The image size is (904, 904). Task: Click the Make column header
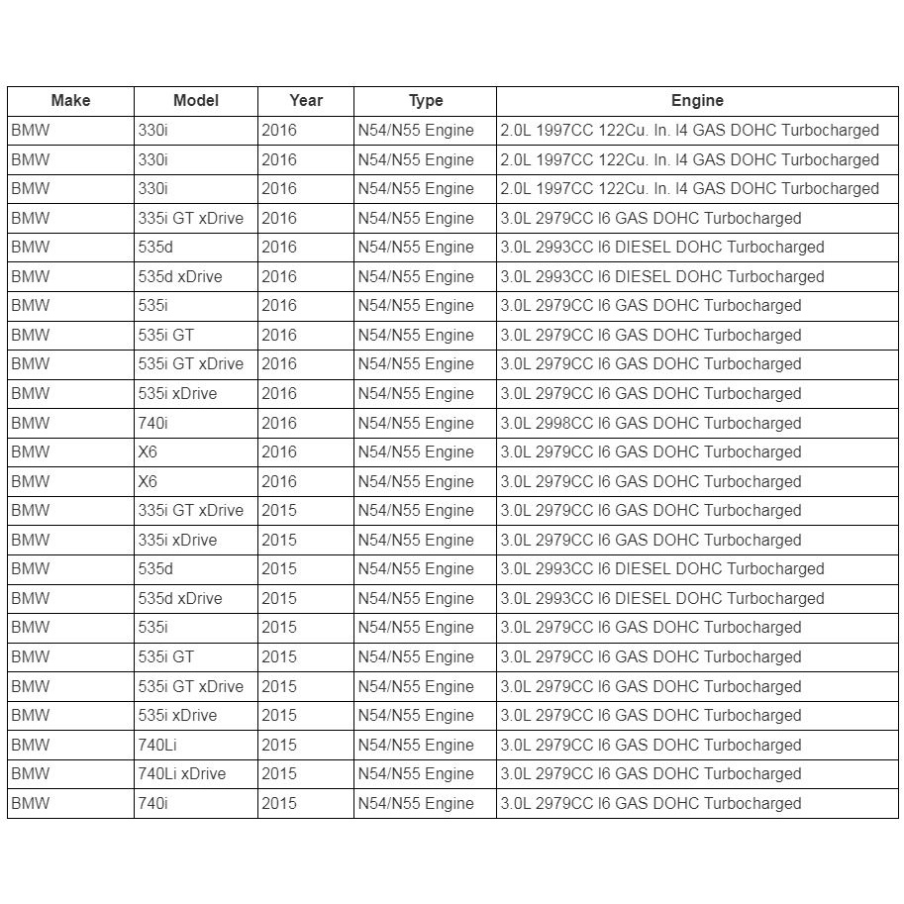coord(70,101)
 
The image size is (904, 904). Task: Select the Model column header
coord(196,101)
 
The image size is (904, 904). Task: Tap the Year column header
coord(306,101)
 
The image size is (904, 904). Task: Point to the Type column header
coord(426,101)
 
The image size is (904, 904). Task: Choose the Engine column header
coord(697,101)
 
